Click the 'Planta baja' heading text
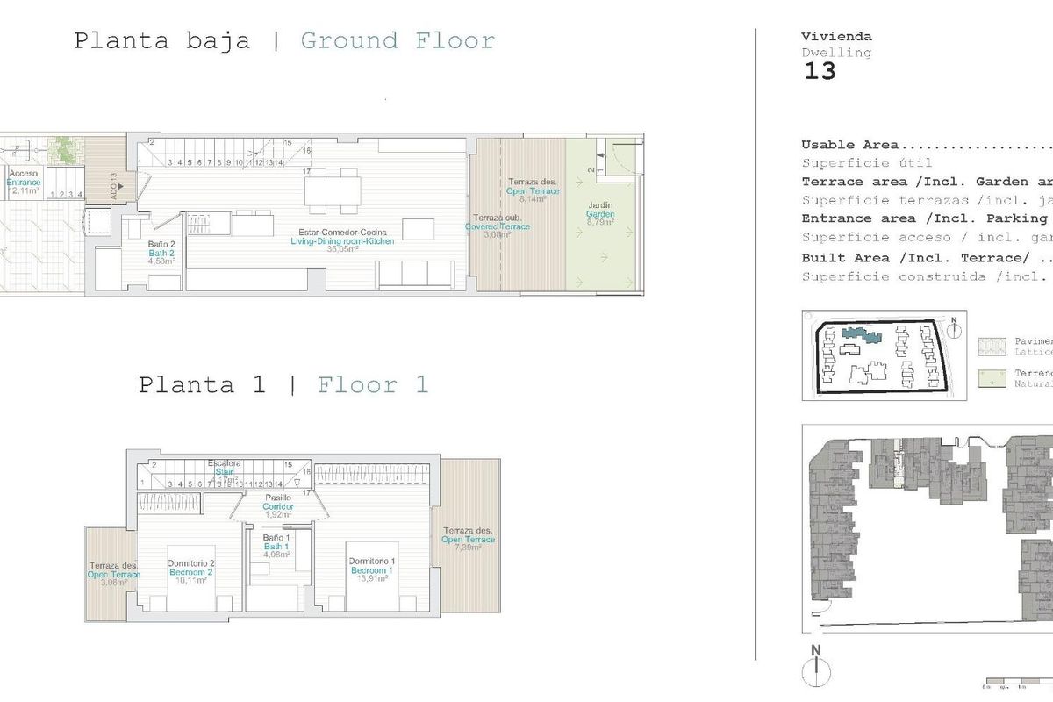pyautogui.click(x=161, y=41)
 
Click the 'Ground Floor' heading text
pyautogui.click(x=398, y=41)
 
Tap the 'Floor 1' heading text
pyautogui.click(x=373, y=385)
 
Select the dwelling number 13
pyautogui.click(x=820, y=72)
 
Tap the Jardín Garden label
pyautogui.click(x=600, y=215)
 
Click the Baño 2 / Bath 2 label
pyautogui.click(x=157, y=254)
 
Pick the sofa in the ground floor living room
pyautogui.click(x=416, y=276)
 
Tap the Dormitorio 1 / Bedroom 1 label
pyautogui.click(x=372, y=567)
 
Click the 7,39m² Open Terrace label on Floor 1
pyautogui.click(x=468, y=540)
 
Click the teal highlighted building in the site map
pyautogui.click(x=859, y=334)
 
